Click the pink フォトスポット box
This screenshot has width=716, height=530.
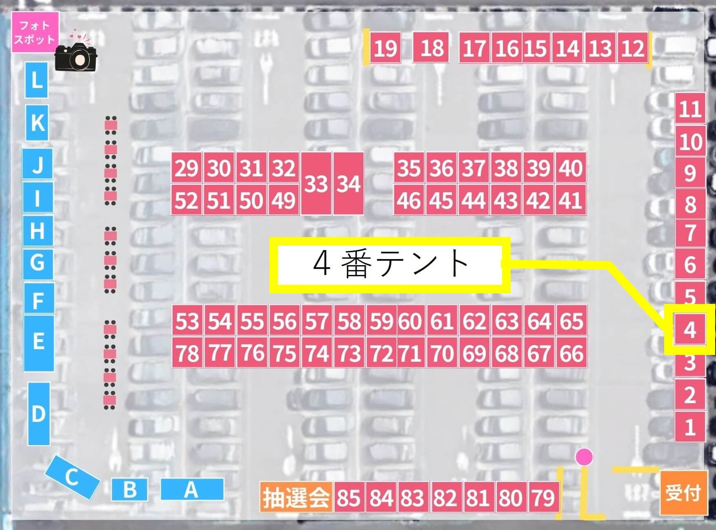pos(35,32)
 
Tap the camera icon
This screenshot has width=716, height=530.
pos(76,57)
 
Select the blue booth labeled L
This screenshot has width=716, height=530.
pos(37,80)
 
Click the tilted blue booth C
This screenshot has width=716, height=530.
pos(72,477)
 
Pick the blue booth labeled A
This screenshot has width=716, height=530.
pos(192,489)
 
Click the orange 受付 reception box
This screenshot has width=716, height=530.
pos(683,492)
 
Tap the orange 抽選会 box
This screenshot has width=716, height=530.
pos(296,497)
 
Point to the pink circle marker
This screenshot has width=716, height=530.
pos(584,457)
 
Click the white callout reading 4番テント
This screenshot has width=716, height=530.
pos(390,265)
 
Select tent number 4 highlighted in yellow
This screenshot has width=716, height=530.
pos(689,329)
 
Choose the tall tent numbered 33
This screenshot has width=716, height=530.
pos(316,184)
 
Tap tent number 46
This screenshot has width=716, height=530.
pos(409,200)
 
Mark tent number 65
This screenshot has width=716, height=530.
pos(571,321)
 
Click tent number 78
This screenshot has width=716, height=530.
pos(187,353)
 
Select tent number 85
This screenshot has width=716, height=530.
pos(349,498)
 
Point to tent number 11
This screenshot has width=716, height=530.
pos(690,109)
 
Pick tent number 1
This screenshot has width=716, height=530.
pos(690,427)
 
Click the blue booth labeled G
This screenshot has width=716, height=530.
pos(38,262)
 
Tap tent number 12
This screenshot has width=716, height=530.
pos(633,48)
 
